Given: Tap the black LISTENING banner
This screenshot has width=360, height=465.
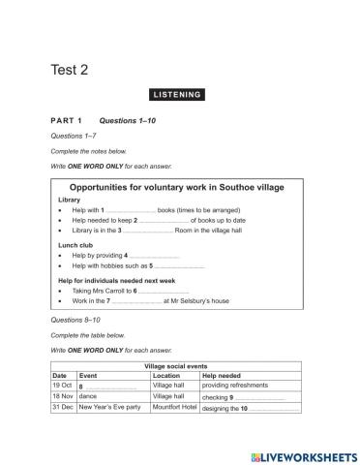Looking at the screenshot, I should [177, 94].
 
